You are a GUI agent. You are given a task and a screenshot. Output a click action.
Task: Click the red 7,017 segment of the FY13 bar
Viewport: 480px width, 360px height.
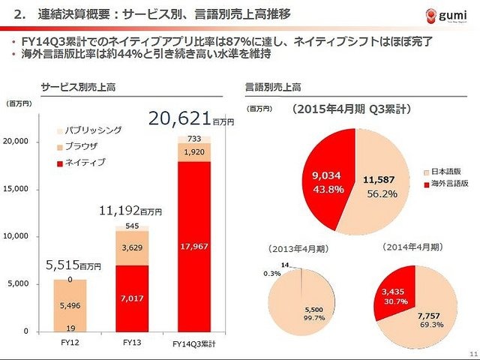point(132,298)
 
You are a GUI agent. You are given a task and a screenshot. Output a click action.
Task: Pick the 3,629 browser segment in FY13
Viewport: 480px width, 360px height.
point(132,248)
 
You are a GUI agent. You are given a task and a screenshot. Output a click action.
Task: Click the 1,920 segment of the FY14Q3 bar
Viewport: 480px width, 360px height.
point(194,152)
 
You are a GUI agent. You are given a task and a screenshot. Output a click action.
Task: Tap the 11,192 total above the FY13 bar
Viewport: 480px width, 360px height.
point(121,212)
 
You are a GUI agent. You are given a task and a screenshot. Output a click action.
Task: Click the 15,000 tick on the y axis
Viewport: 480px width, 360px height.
point(18,189)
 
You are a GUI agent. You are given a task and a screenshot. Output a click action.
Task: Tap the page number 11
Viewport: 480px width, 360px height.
point(471,353)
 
